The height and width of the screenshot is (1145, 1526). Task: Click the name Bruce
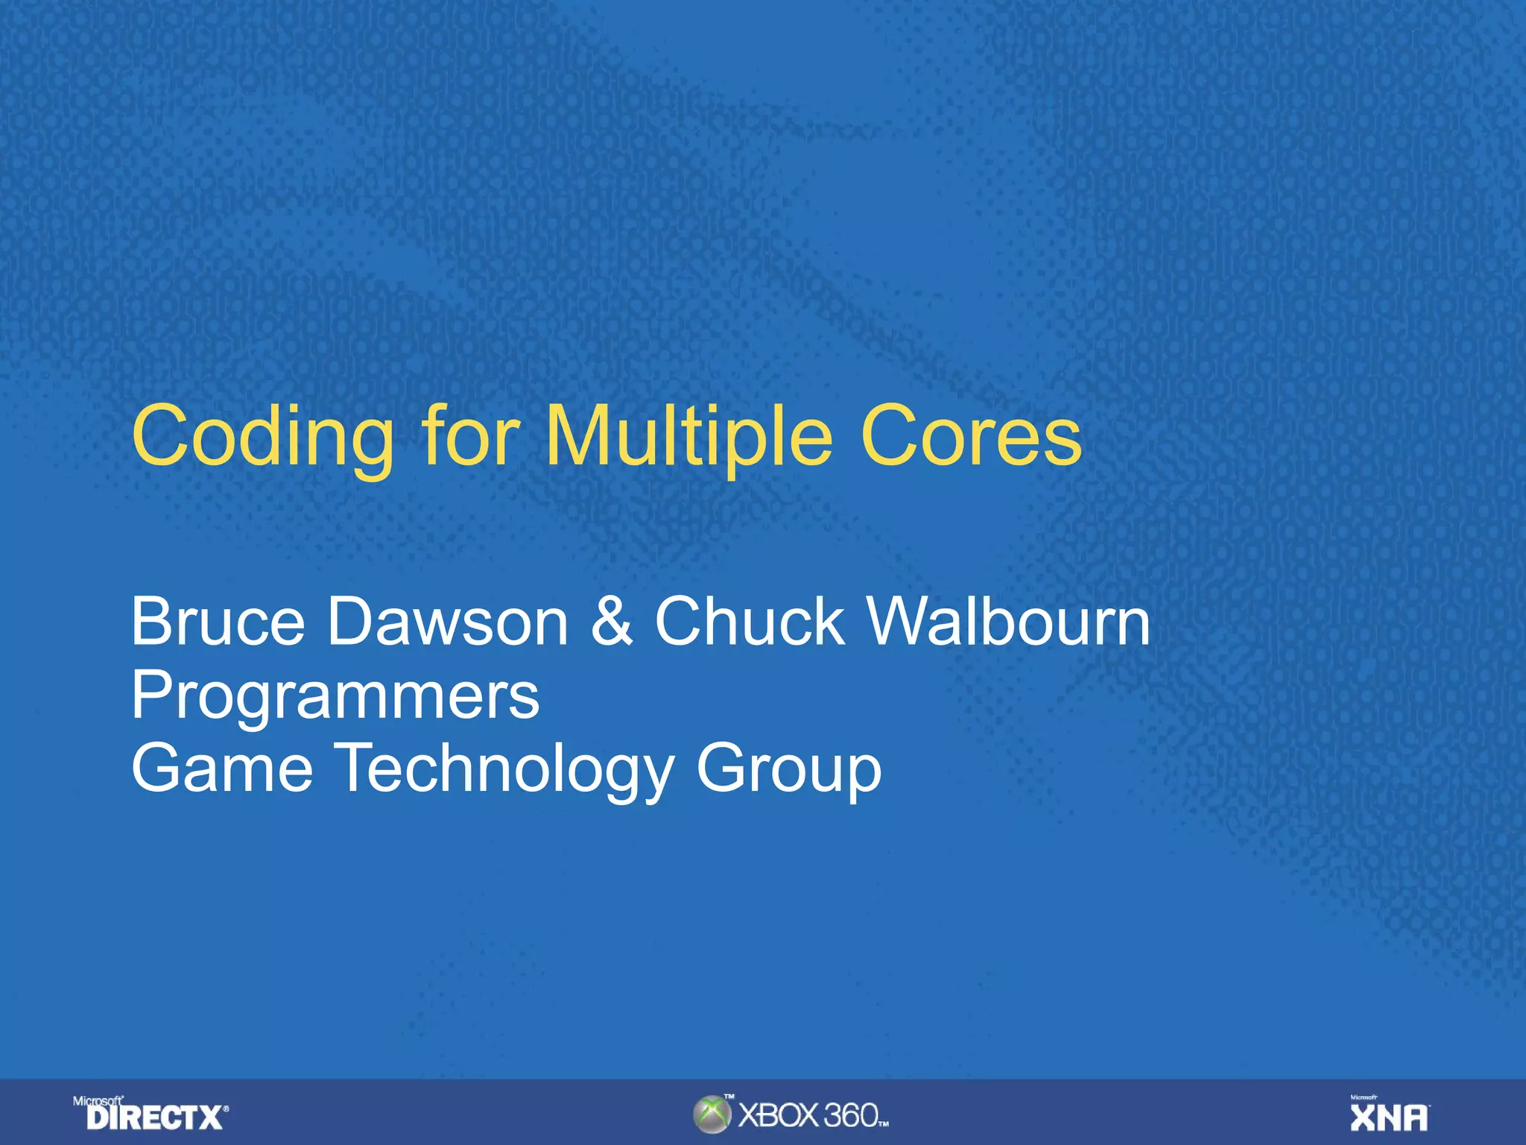(218, 622)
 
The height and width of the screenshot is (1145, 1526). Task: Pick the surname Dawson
(448, 622)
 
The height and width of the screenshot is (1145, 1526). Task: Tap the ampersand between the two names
(612, 622)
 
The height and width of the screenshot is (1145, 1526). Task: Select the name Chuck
(749, 622)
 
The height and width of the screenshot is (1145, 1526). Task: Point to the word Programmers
(335, 696)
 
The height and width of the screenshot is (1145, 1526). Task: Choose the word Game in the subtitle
(222, 769)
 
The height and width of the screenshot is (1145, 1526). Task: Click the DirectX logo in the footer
(154, 1117)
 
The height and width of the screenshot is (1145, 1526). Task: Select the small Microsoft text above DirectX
(98, 1101)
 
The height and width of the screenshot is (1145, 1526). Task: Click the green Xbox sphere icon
(712, 1114)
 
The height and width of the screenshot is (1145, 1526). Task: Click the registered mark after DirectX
(227, 1109)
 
